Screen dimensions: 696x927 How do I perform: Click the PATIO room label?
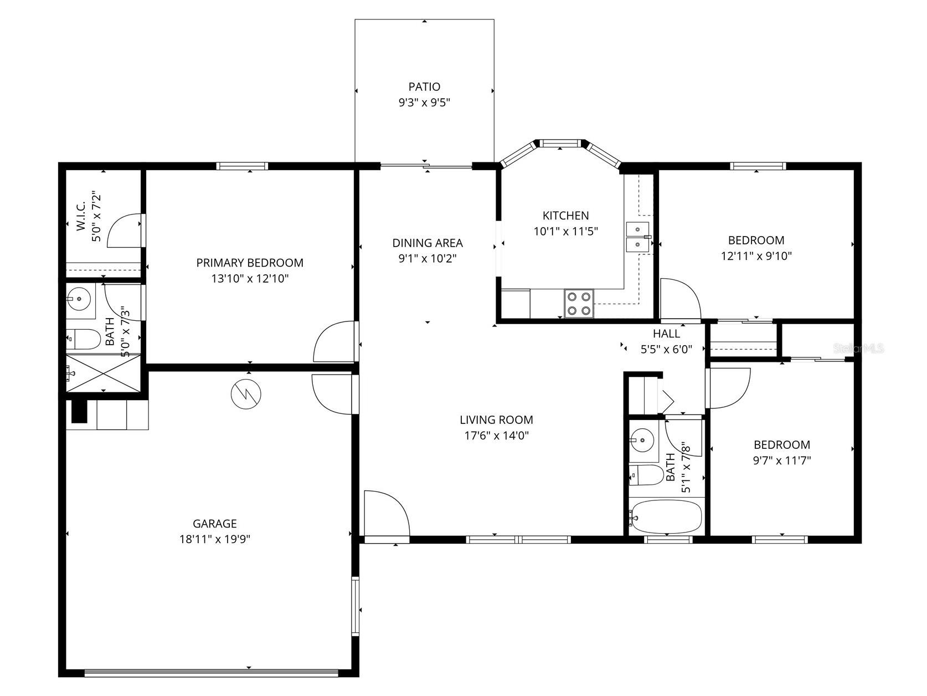point(424,87)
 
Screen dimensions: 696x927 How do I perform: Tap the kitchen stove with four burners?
point(579,304)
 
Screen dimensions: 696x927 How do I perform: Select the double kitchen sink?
point(638,237)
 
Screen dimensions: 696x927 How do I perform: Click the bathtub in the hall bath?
point(666,516)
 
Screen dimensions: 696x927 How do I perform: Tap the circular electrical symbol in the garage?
point(246,393)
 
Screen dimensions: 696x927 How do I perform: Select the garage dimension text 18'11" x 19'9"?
point(215,539)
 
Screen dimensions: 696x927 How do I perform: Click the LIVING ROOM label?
point(496,420)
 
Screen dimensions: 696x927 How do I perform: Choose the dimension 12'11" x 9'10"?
point(756,256)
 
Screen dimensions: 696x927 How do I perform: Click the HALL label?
point(666,334)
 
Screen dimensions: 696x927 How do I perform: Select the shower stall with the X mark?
point(103,374)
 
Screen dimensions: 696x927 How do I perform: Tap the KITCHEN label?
point(565,216)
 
